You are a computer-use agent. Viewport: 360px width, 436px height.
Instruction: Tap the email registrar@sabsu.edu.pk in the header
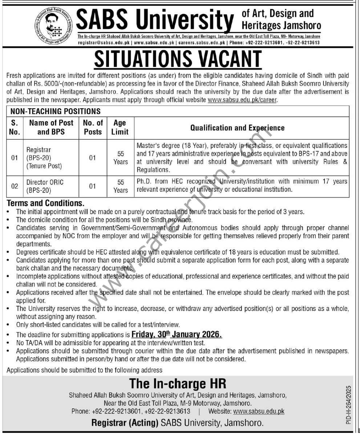pos(104,42)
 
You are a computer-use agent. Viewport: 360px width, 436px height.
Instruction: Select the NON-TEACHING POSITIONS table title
pos(55,111)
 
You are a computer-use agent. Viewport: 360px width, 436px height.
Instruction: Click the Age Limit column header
pos(120,127)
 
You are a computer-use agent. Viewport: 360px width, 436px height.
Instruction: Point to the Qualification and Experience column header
pos(238,128)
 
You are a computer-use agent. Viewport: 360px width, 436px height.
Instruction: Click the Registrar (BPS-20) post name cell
pos(44,158)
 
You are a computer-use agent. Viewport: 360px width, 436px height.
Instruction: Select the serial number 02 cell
pos(15,186)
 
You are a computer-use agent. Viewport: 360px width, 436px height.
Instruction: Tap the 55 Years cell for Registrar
pos(120,158)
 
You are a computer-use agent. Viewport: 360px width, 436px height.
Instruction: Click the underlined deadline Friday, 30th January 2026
pos(177,334)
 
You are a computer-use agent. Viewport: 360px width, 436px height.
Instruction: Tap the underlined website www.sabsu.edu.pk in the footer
pos(259,411)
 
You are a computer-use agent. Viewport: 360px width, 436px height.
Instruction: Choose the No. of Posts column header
pos(93,127)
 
